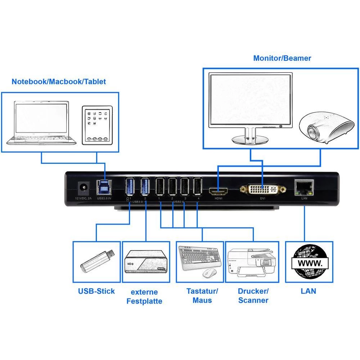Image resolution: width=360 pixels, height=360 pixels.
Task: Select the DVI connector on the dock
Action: pyautogui.click(x=263, y=189)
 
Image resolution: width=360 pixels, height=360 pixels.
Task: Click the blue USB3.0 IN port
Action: pyautogui.click(x=104, y=188)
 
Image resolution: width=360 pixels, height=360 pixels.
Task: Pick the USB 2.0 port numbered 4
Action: pyautogui.click(x=197, y=187)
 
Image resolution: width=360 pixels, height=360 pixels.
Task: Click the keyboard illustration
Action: pyautogui.click(x=200, y=257)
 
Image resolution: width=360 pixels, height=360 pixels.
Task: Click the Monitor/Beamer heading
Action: pyautogui.click(x=282, y=58)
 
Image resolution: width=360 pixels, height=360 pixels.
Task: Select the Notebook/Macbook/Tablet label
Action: pyautogui.click(x=59, y=82)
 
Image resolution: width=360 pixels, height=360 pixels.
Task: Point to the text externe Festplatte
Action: pyautogui.click(x=144, y=296)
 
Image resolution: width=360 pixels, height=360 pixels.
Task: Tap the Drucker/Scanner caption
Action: pyautogui.click(x=253, y=296)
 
